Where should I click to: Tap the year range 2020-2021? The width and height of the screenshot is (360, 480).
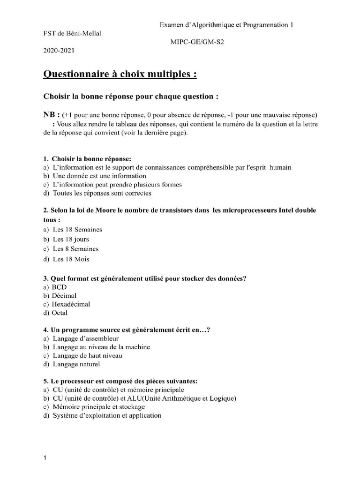(59, 50)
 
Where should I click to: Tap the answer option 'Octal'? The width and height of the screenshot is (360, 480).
(60, 313)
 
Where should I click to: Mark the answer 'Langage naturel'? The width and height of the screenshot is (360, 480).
(76, 364)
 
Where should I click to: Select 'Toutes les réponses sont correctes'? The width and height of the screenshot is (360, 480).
(102, 193)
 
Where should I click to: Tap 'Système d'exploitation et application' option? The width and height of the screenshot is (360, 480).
(106, 415)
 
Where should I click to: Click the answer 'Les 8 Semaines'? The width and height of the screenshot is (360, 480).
(75, 249)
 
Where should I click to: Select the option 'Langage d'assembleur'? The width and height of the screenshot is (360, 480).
(86, 338)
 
